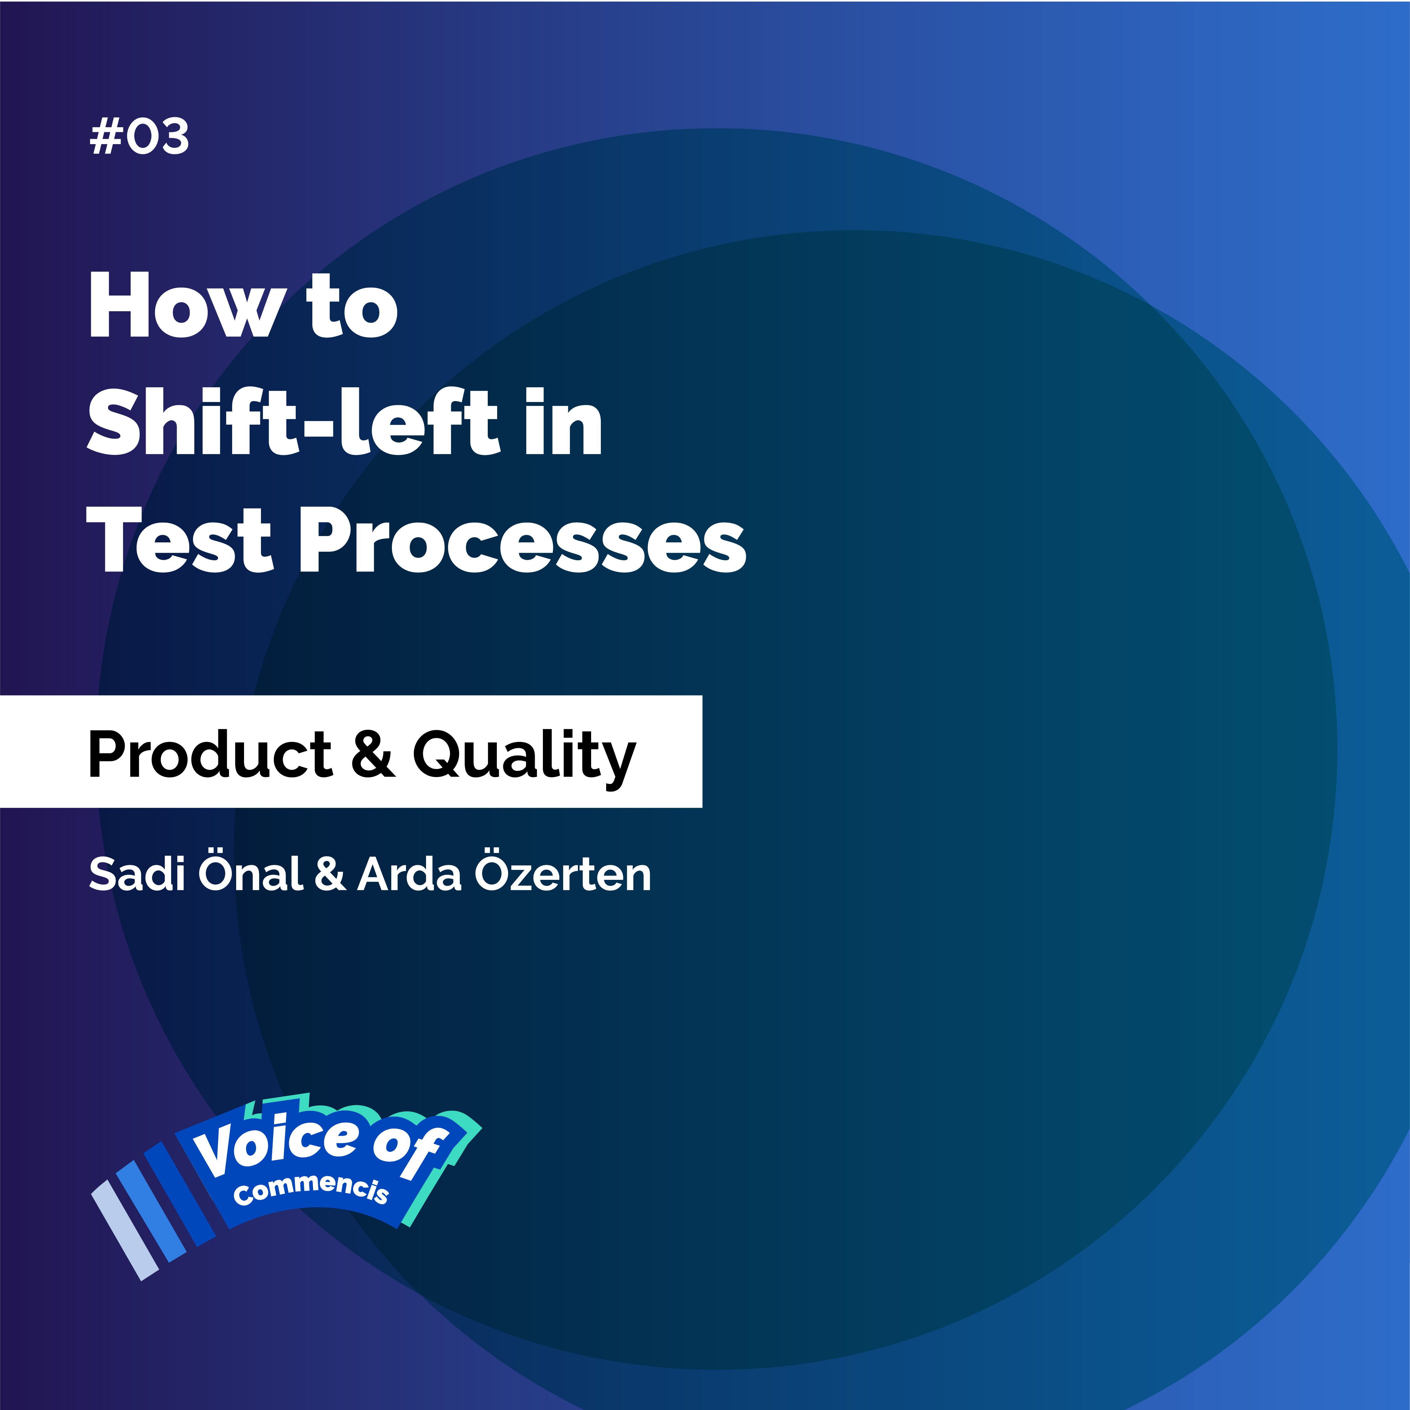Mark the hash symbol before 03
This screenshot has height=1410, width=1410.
[x=104, y=137]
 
